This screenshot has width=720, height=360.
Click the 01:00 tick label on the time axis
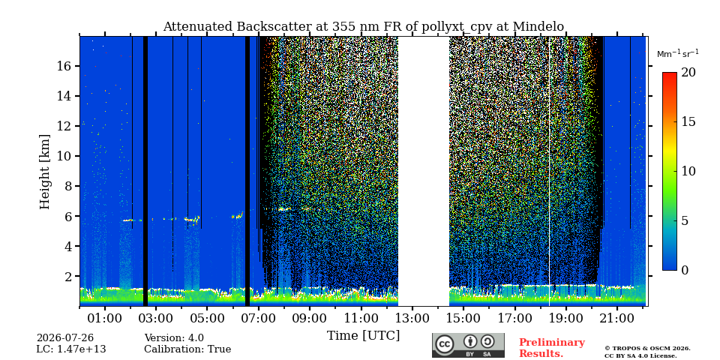click(x=105, y=318)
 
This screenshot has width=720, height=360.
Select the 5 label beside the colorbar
click(x=685, y=220)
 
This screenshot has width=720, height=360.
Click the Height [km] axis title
click(x=44, y=172)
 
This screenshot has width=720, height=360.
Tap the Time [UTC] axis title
click(x=363, y=335)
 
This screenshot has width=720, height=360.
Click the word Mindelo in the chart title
click(x=538, y=27)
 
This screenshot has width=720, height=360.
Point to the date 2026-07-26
click(x=65, y=338)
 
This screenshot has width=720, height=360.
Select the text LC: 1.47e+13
click(x=71, y=349)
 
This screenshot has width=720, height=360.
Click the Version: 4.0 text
click(x=174, y=338)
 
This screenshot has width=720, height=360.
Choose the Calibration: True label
click(x=187, y=349)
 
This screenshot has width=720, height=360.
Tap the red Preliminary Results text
click(x=552, y=348)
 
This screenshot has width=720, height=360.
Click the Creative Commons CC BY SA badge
click(x=468, y=345)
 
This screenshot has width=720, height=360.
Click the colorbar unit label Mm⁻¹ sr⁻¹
click(x=678, y=53)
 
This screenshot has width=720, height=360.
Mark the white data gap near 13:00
click(x=423, y=171)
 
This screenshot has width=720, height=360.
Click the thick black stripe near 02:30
click(x=145, y=171)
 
